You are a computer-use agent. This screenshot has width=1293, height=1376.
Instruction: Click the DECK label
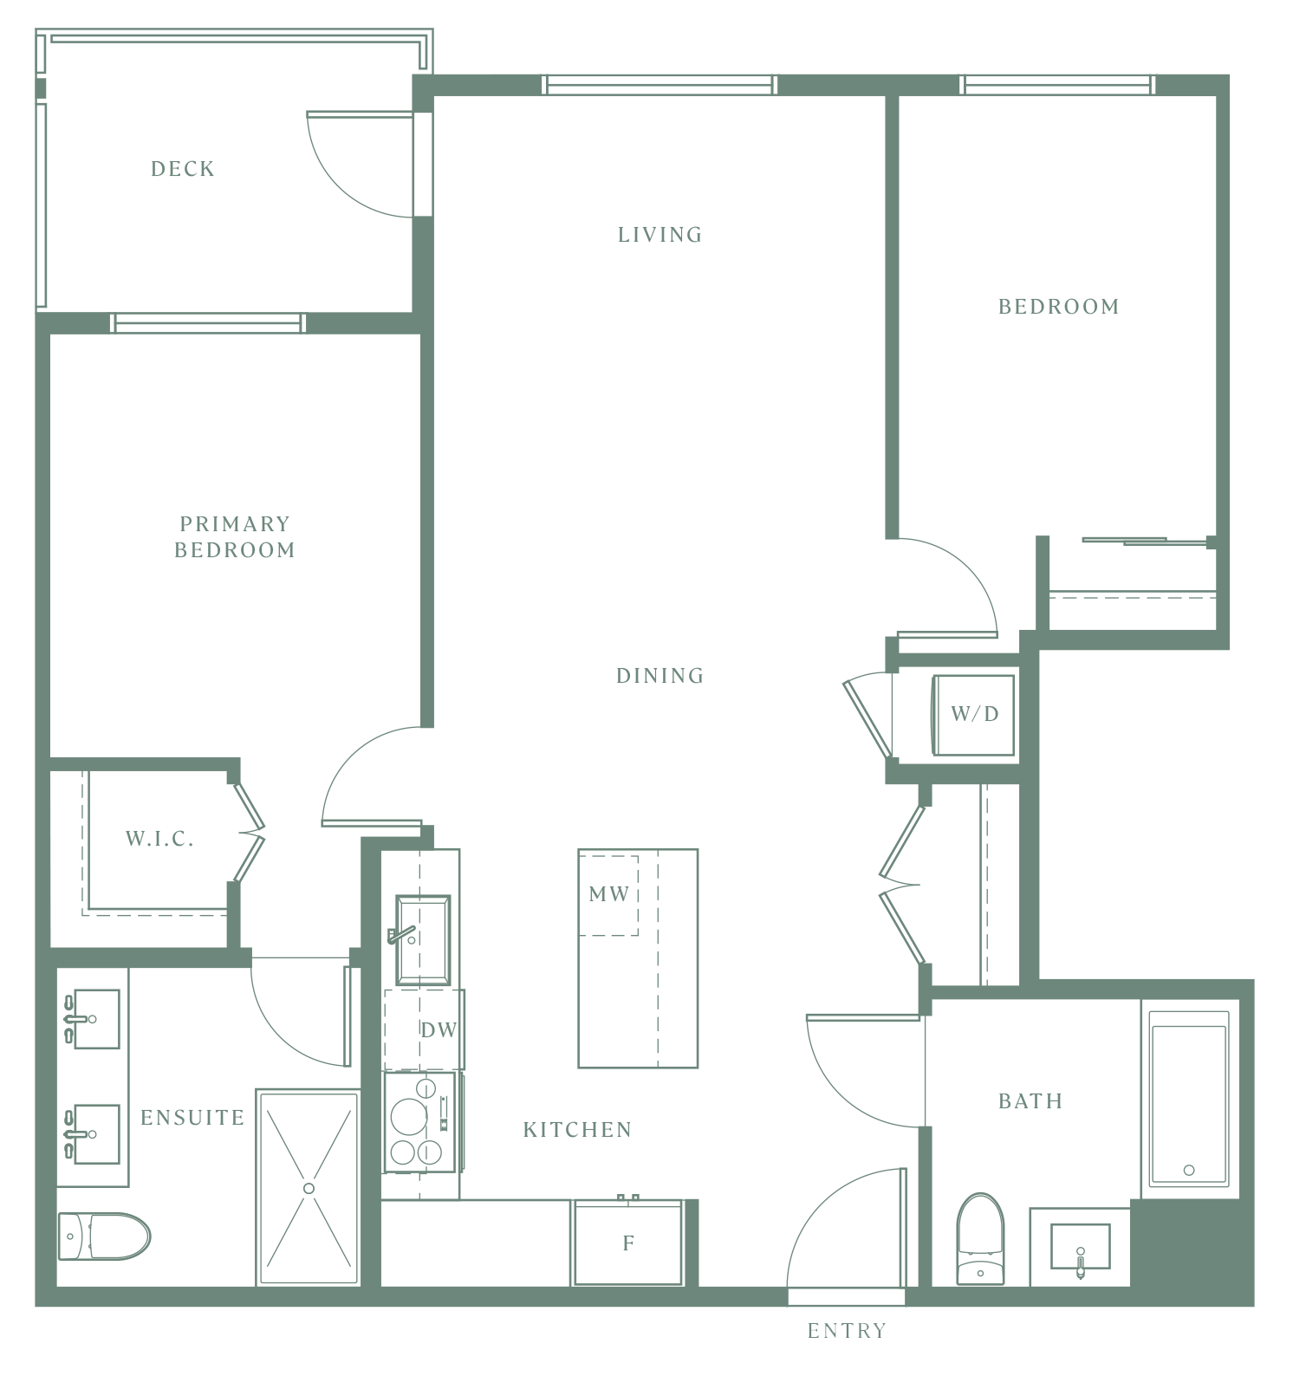[x=183, y=169]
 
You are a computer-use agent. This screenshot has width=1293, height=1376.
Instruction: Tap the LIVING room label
[x=659, y=235]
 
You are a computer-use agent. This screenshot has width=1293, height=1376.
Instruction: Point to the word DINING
[x=659, y=676]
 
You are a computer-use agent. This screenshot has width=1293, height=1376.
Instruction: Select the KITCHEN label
[x=577, y=1130]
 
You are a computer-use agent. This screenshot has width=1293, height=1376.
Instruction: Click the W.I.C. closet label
[x=159, y=839]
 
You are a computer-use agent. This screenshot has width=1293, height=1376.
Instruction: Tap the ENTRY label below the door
[x=847, y=1331]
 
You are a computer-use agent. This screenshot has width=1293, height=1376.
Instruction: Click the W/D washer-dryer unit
[x=973, y=715]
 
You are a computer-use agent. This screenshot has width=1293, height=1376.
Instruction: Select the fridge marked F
[x=628, y=1243]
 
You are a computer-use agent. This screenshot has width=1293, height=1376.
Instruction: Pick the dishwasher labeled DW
[x=425, y=1029]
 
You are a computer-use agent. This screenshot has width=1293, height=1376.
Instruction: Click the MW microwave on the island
[x=608, y=895]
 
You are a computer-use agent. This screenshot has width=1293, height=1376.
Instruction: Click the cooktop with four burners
[x=420, y=1122]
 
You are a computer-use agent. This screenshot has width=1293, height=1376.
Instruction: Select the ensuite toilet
[x=104, y=1236]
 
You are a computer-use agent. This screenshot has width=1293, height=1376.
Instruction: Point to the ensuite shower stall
[x=309, y=1188]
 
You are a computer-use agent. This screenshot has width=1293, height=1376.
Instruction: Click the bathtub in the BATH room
[x=1189, y=1099]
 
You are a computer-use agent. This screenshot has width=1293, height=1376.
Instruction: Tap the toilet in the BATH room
[x=980, y=1238]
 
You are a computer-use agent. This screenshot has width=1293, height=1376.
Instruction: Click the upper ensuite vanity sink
[x=95, y=1019]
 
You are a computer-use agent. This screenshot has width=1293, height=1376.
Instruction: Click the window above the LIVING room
[x=659, y=85]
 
